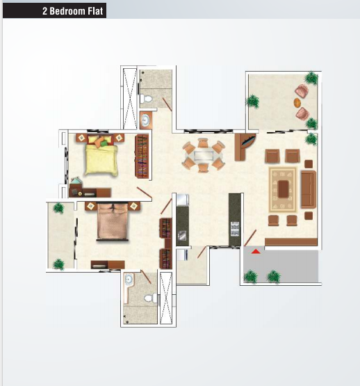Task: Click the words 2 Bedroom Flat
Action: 72,11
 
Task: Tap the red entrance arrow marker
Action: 256,252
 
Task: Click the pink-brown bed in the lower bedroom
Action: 113,222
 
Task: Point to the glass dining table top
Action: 204,156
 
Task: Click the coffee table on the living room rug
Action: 284,189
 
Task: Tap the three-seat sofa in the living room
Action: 309,189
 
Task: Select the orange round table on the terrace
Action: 297,103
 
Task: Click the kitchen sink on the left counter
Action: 182,236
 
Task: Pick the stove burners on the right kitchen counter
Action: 235,229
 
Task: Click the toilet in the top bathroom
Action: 146,99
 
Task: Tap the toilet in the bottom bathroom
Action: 151,298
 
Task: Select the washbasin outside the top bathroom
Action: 146,120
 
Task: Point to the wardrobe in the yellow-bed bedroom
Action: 142,156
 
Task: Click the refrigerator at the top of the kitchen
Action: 182,200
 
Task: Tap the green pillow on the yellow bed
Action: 104,143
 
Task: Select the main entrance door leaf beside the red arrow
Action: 250,238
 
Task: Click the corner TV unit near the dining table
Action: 245,147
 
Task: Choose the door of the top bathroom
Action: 167,104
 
